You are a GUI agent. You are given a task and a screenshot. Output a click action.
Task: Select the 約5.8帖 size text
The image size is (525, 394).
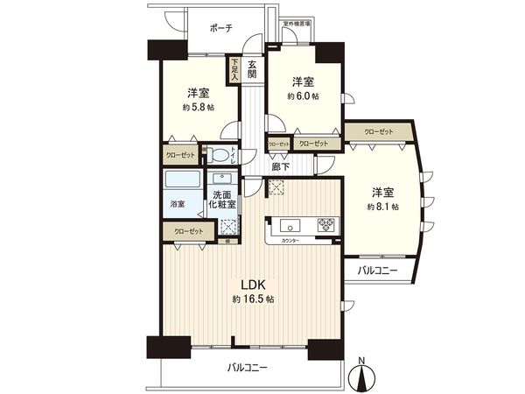pyautogui.click(x=198, y=108)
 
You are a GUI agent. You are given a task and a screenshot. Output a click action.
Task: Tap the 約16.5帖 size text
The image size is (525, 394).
pyautogui.click(x=249, y=299)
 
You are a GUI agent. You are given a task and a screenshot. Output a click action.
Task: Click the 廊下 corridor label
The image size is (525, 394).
pyautogui.click(x=281, y=166)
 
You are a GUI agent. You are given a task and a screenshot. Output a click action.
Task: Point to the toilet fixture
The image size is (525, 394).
pyautogui.click(x=223, y=157)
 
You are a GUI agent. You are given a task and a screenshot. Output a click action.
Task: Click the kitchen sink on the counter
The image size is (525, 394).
pyautogui.click(x=289, y=222)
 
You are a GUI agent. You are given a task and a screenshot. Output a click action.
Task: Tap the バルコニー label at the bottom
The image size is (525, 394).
pyautogui.click(x=248, y=369)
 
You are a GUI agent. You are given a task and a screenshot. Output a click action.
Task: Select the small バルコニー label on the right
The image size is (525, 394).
pyautogui.click(x=378, y=271)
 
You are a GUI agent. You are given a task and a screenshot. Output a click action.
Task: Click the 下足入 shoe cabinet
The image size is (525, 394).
pyautogui.click(x=234, y=70)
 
